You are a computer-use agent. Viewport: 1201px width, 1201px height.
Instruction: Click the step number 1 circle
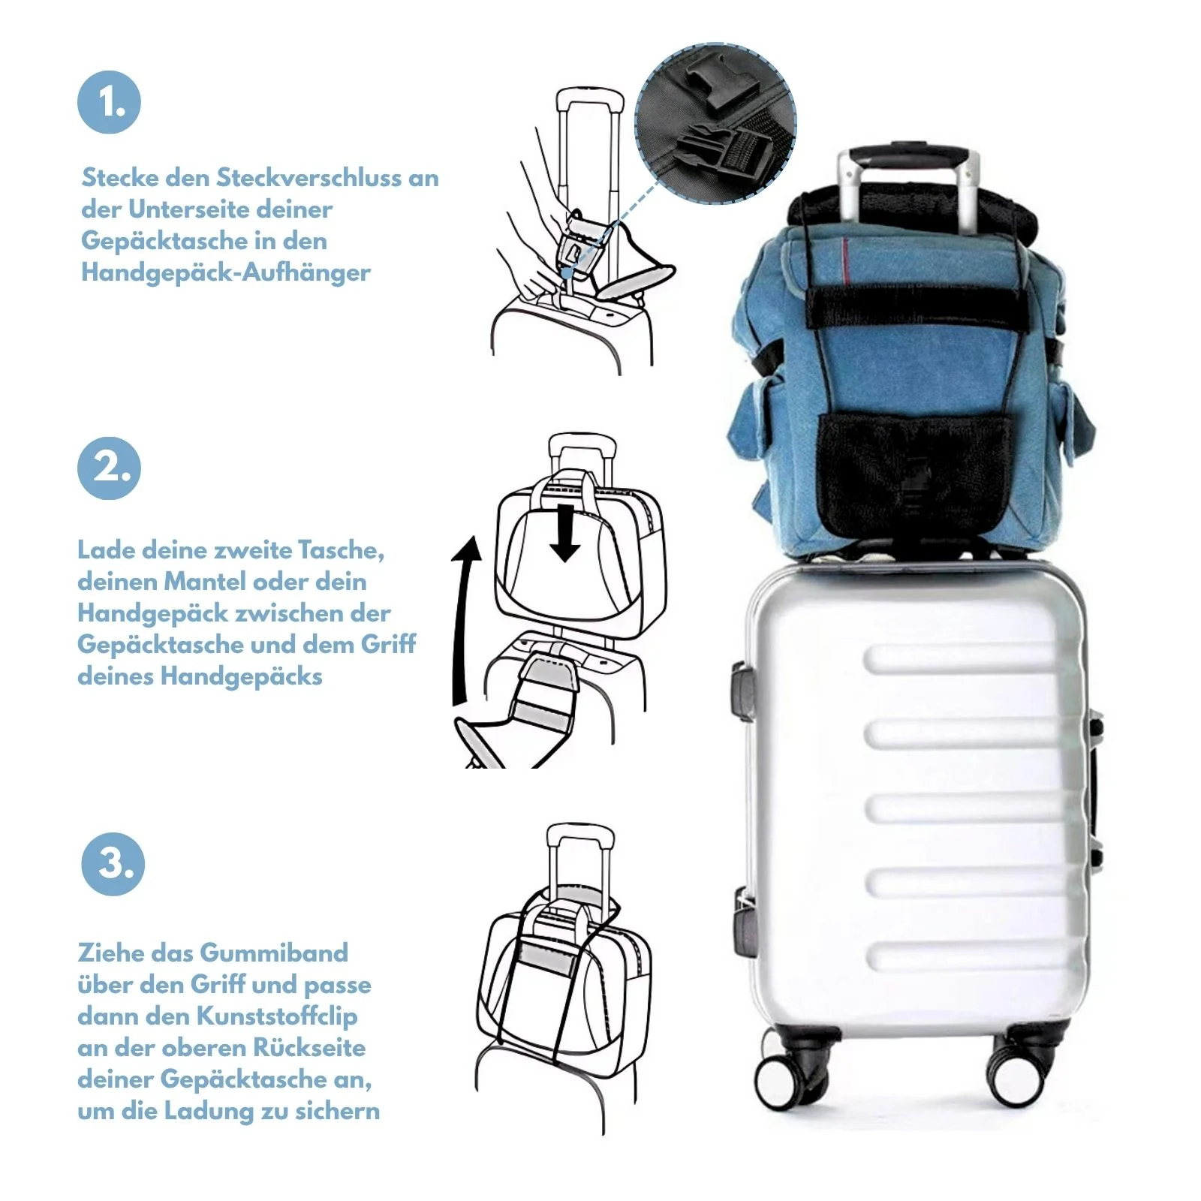tap(110, 103)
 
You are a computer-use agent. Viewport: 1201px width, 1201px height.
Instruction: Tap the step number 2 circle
tap(110, 468)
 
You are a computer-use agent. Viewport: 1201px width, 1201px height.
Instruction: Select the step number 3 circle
tap(113, 863)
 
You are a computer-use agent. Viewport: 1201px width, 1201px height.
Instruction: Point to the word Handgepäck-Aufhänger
tap(226, 272)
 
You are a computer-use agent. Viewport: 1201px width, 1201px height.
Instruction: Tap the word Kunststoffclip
tap(277, 1016)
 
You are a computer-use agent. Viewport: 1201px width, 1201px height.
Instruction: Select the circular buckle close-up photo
tap(715, 123)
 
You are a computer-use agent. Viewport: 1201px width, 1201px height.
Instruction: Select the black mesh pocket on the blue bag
tap(913, 474)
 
